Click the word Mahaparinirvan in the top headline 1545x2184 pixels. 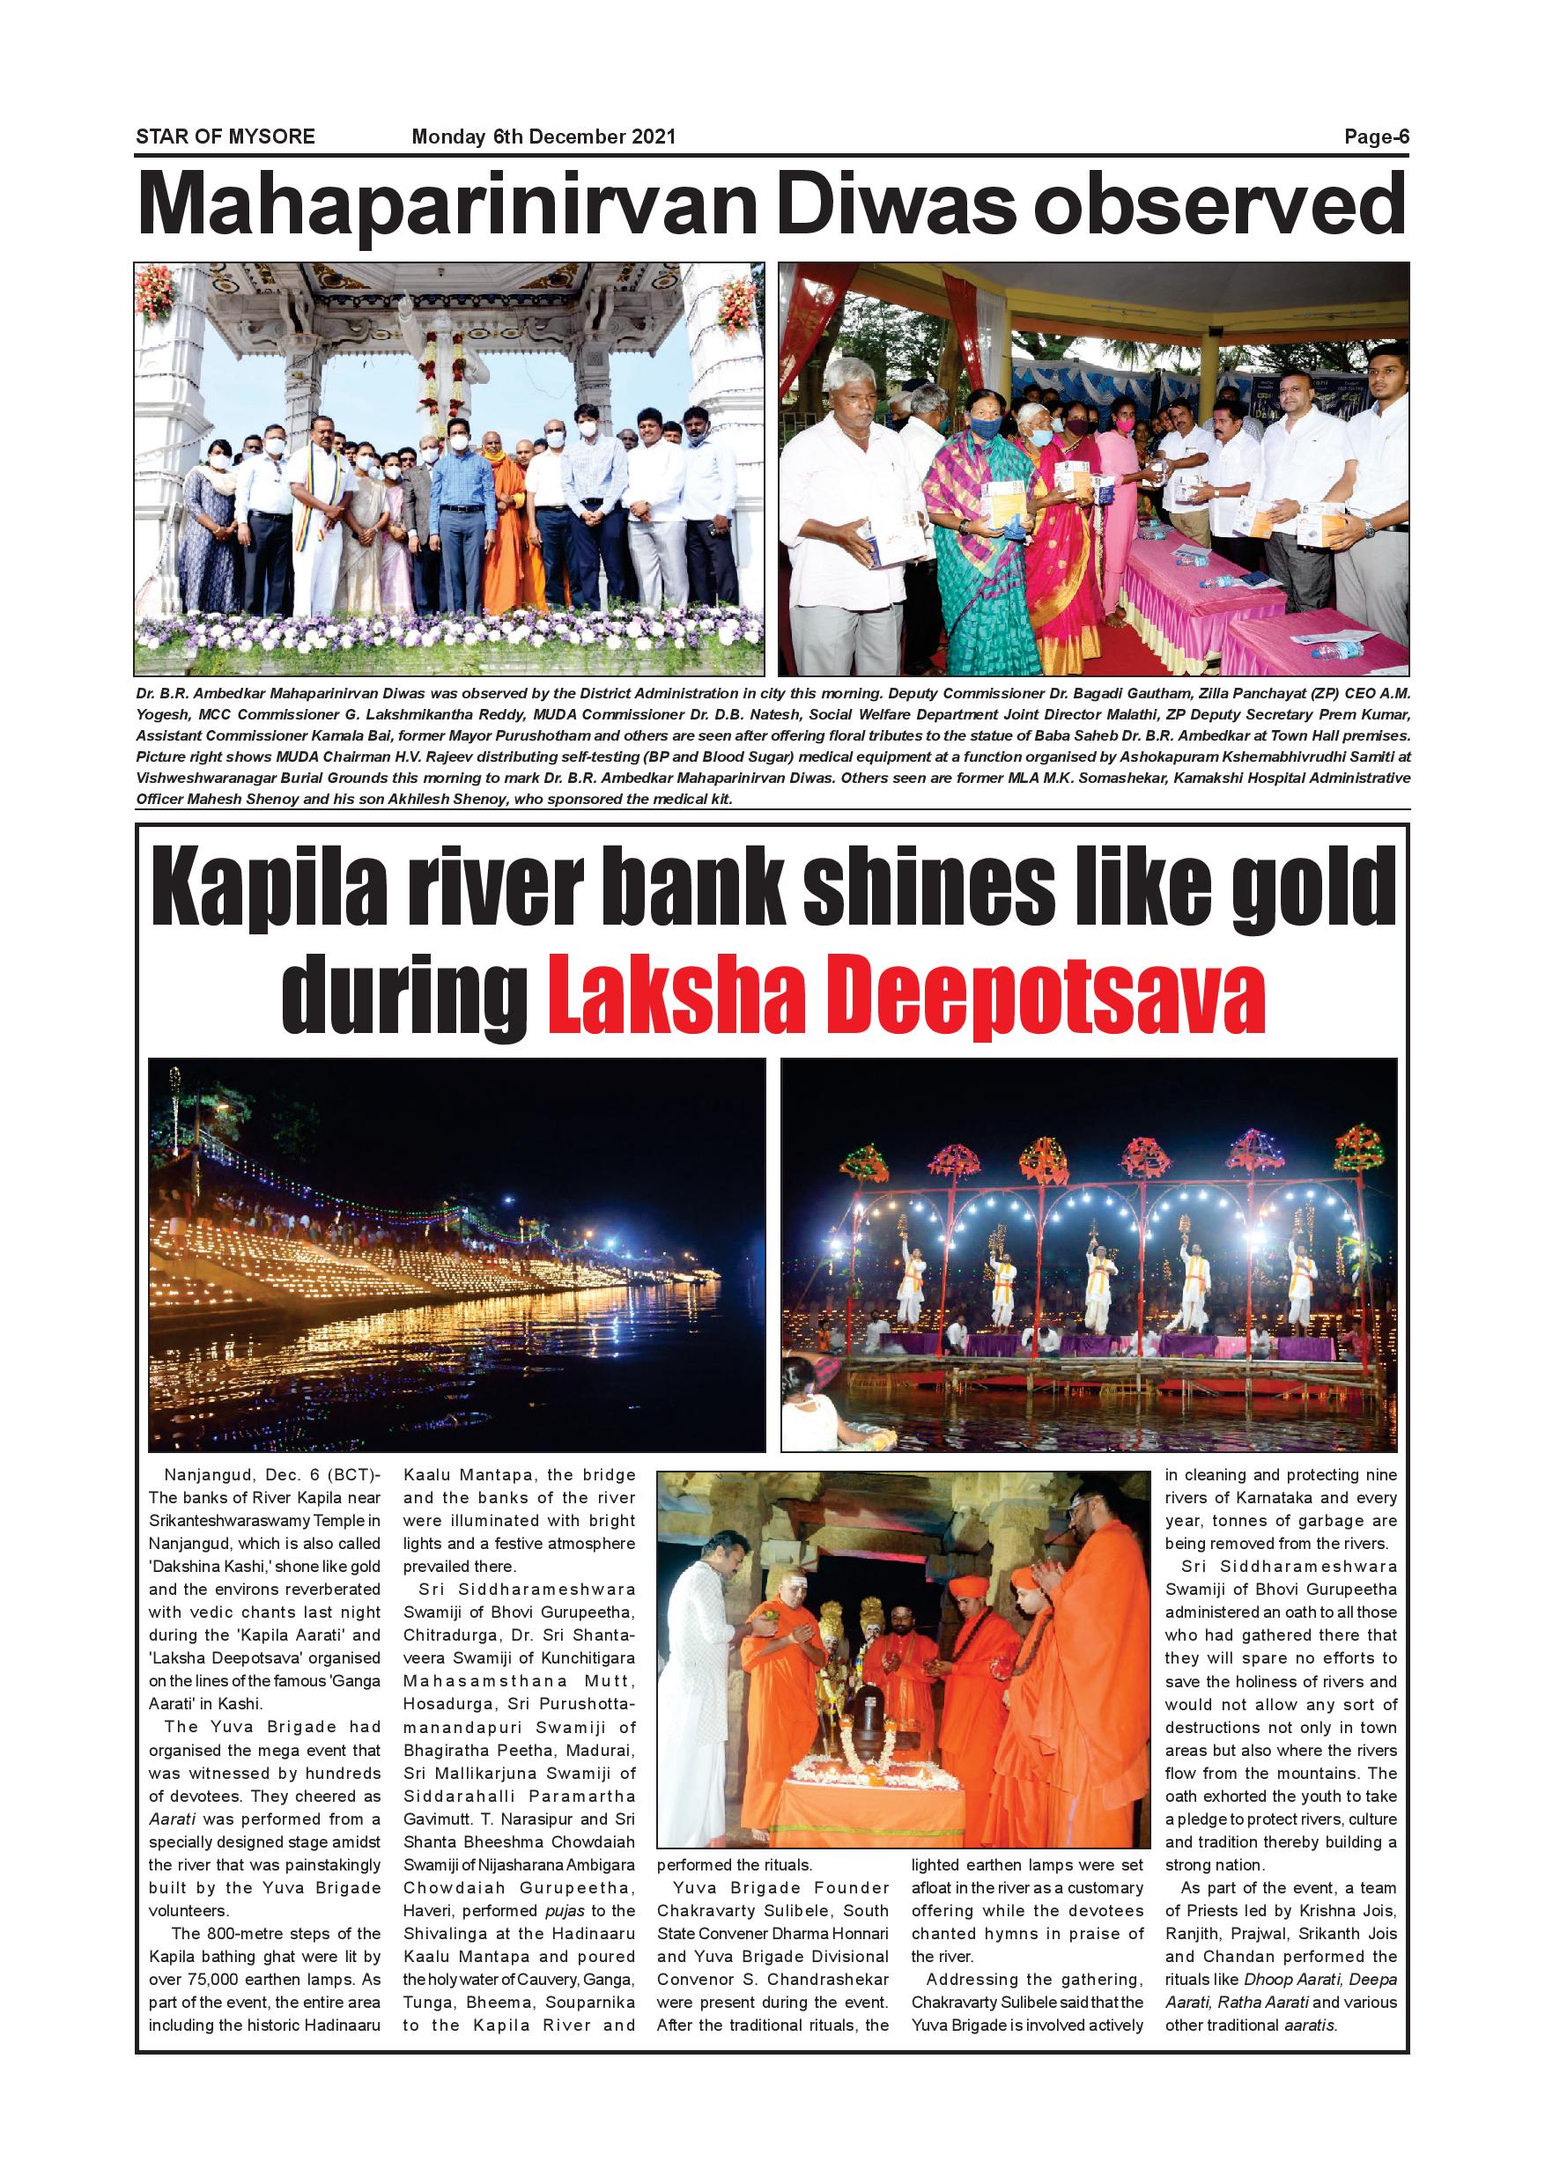pyautogui.click(x=448, y=205)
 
